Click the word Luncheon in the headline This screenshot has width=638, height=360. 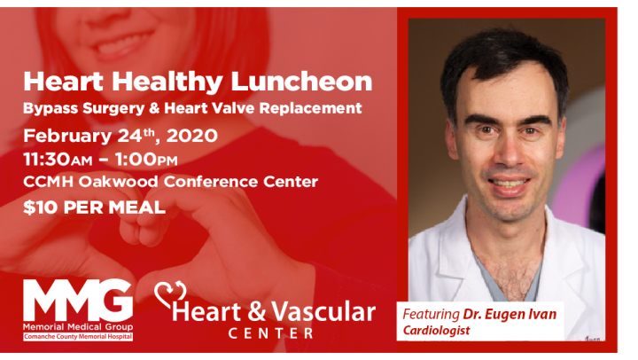[x=301, y=82]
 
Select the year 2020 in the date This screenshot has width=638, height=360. [x=191, y=136]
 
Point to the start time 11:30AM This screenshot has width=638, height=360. [x=58, y=160]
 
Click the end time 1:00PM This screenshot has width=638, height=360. [x=146, y=160]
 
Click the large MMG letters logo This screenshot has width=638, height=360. [x=78, y=300]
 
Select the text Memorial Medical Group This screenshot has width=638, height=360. [x=78, y=327]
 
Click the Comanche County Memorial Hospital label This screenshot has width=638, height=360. [x=78, y=337]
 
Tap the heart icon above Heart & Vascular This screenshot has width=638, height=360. [x=170, y=294]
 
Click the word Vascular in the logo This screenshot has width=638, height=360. [x=323, y=312]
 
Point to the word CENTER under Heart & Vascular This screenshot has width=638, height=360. [x=270, y=333]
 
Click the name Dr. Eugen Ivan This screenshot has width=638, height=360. [x=510, y=315]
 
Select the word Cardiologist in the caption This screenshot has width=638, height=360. [x=436, y=330]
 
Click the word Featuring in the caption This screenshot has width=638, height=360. [x=432, y=315]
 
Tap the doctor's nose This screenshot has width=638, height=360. [x=510, y=155]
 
